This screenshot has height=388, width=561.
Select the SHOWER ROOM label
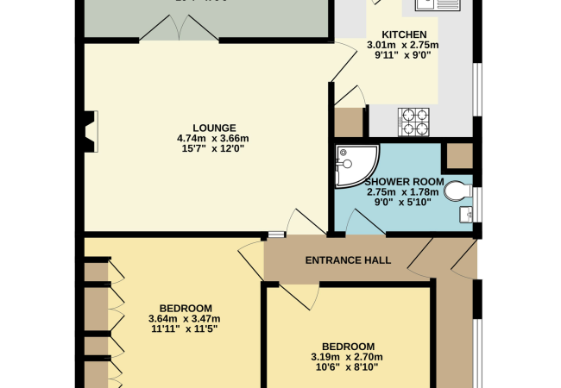pos(404,182)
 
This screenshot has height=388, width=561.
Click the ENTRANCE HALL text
pos(348,260)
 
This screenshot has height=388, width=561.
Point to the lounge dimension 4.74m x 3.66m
pos(212,138)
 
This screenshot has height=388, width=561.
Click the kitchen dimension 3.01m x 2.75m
pos(403,45)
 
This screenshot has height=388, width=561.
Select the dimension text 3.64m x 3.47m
pos(186,319)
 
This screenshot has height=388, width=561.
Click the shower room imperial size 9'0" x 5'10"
pos(404,203)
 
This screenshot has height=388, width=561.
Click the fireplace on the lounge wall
pos(89,129)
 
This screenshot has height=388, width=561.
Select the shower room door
pos(363,223)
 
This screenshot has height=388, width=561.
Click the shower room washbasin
pos(466,213)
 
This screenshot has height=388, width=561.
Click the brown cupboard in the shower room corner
pos(458,156)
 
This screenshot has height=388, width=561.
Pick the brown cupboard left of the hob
pos(349,122)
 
